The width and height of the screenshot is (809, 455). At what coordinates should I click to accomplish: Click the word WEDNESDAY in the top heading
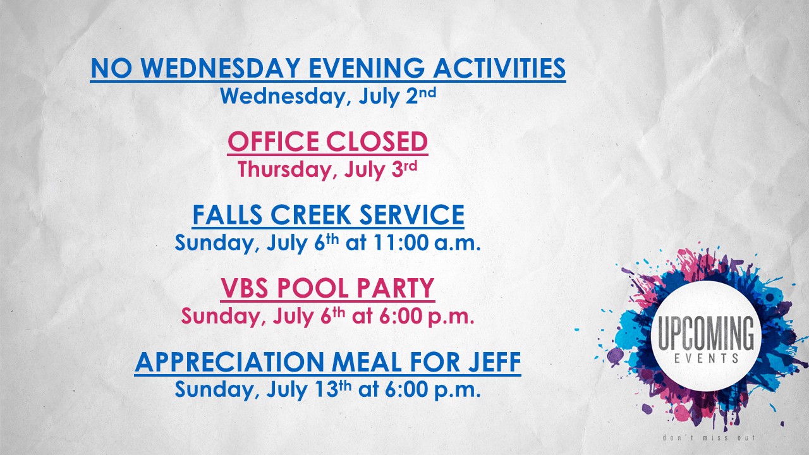(221, 68)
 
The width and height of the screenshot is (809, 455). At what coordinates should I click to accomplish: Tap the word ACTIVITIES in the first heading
(499, 68)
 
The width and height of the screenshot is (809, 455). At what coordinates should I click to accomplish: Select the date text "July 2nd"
(398, 95)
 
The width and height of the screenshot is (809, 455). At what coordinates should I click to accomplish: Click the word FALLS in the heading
(228, 215)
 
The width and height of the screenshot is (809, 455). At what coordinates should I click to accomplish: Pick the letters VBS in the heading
(245, 288)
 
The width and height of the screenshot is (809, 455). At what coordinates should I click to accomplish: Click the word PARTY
(396, 288)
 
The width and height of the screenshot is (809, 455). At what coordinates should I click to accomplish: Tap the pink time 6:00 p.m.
(427, 317)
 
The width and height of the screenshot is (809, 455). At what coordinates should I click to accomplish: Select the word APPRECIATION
(229, 362)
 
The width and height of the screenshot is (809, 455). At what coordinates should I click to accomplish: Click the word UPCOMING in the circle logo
(706, 332)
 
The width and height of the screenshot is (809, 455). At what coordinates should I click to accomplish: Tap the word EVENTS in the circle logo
(707, 358)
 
